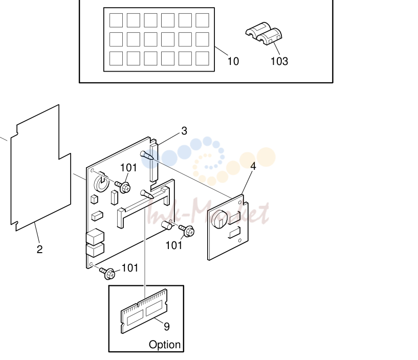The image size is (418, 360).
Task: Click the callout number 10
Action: tap(233, 61)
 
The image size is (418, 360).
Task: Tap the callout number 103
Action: tap(279, 61)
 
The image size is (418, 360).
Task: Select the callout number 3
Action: tap(184, 131)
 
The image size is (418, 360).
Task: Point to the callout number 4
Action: tap(253, 166)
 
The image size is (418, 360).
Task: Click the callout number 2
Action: tap(39, 250)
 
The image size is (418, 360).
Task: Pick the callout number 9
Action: tap(167, 326)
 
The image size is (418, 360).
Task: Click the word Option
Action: tap(165, 345)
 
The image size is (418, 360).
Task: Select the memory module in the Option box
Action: tap(144, 311)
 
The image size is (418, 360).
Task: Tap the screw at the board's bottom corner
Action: tap(107, 273)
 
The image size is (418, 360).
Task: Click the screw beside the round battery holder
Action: tap(123, 186)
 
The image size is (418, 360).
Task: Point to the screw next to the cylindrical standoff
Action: tap(187, 230)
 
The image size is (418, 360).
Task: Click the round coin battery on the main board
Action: tap(101, 183)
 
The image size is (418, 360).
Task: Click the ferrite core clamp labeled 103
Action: tap(264, 34)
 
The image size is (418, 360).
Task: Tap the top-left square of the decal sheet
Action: tap(116, 20)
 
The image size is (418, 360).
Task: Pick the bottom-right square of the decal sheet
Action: tap(202, 58)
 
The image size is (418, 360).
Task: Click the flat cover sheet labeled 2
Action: tap(41, 168)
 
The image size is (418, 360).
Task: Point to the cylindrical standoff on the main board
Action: tap(167, 225)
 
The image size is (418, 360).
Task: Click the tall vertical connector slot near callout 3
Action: tap(154, 163)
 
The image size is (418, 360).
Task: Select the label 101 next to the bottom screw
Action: tap(130, 268)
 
